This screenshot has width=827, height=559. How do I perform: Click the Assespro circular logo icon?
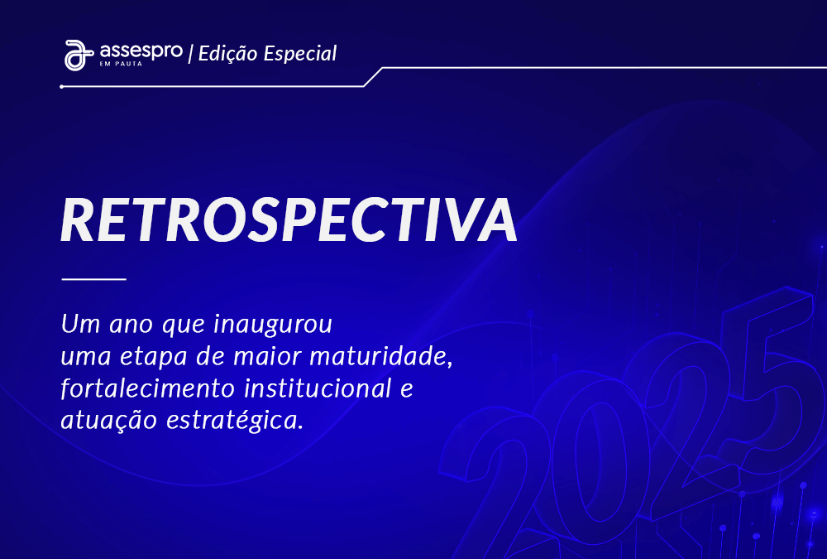coord(78,55)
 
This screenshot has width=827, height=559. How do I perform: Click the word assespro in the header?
coord(141,52)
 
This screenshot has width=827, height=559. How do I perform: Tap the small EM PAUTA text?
coord(121,64)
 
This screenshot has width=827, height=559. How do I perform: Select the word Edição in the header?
coord(228,53)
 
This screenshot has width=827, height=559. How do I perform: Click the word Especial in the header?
coord(300,54)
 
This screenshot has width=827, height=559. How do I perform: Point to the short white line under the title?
coord(94,278)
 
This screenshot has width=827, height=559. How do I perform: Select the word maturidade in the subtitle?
coord(380,356)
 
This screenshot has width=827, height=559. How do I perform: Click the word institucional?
coord(318,388)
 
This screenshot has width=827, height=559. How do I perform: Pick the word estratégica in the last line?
coord(235,421)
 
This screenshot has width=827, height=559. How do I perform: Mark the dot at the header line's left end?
coord(62,87)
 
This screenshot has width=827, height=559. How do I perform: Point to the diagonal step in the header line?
coord(373,77)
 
